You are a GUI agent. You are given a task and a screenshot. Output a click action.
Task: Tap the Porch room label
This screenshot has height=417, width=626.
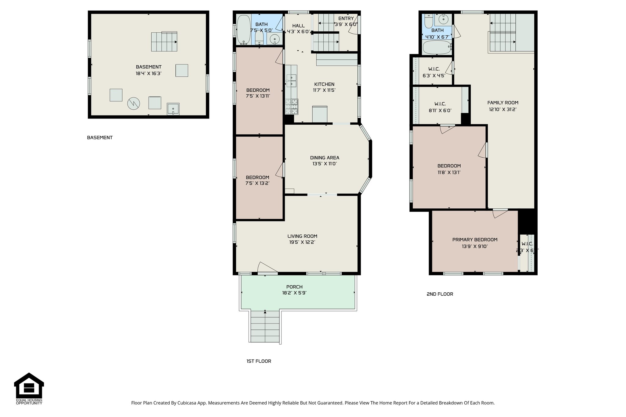tap(294, 287)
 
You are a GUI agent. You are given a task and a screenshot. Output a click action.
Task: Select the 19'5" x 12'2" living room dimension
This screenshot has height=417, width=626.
tap(302, 242)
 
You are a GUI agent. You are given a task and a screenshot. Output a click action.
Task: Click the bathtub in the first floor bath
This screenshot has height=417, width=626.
tap(244, 30)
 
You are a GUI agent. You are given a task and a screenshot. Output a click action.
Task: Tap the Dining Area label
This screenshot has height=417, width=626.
tap(324, 158)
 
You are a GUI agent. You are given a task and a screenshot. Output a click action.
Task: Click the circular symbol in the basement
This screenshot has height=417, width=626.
tap(134, 104)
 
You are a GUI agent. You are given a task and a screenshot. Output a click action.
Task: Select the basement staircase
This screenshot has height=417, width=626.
tap(164, 42)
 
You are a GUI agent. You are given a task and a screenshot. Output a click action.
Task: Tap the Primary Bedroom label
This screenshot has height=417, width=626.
tap(475, 240)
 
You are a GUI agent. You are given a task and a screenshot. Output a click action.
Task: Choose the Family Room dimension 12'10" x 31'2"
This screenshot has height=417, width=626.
tap(503, 109)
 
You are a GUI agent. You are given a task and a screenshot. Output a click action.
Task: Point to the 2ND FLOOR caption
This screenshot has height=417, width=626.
tap(440, 294)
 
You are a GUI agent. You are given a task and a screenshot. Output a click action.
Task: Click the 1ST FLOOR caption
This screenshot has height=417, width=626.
tap(259, 361)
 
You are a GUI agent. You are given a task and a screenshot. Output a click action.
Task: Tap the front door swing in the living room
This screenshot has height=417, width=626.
tap(267, 267)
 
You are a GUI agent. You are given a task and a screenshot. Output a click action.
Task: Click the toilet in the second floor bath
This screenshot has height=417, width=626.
tap(429, 21)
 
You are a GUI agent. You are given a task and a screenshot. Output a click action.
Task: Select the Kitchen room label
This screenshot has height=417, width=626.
tap(324, 84)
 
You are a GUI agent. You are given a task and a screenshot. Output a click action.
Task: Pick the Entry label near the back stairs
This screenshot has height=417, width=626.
tap(346, 19)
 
